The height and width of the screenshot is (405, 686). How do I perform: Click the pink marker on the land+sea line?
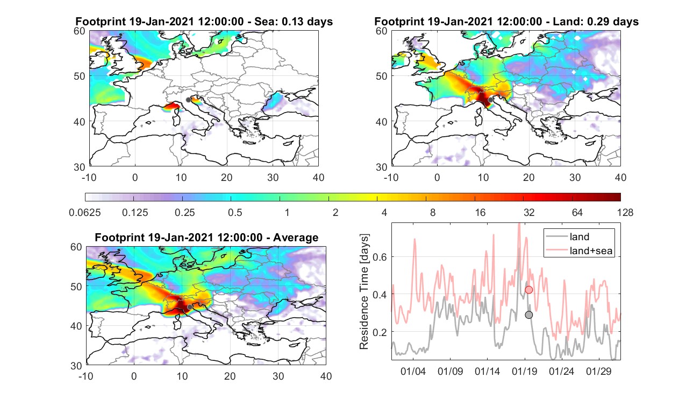click(x=529, y=290)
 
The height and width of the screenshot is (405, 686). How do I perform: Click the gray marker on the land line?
click(x=529, y=315)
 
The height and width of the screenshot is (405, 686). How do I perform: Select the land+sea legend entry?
click(x=579, y=250)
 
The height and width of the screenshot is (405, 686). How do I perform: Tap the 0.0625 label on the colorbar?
click(x=85, y=212)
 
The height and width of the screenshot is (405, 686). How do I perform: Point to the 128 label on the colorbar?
click(x=625, y=212)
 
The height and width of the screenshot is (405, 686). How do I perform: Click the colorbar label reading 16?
click(x=480, y=212)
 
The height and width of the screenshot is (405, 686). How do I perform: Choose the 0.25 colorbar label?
click(x=185, y=212)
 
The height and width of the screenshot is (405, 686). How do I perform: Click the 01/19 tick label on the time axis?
click(x=525, y=371)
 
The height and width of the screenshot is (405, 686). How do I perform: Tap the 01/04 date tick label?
click(x=413, y=371)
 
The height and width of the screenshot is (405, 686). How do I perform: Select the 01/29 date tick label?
click(x=599, y=371)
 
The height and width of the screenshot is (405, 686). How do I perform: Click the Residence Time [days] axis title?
click(x=364, y=291)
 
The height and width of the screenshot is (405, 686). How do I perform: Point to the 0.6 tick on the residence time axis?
click(x=380, y=257)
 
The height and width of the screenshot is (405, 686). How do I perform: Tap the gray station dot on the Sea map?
click(x=188, y=100)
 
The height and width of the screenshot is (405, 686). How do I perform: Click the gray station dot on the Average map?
click(x=190, y=307)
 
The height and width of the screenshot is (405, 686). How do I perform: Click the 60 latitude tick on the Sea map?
click(x=79, y=31)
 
